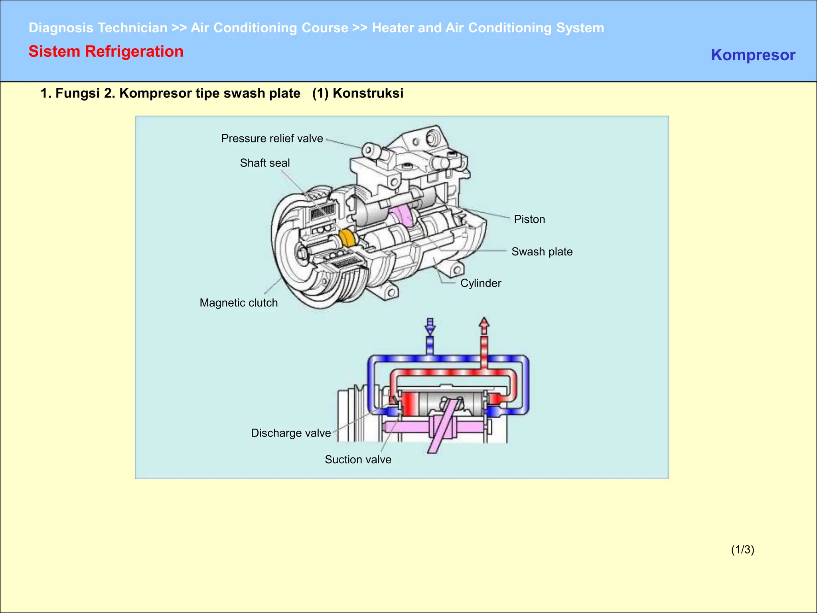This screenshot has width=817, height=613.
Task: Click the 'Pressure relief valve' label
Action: (272, 138)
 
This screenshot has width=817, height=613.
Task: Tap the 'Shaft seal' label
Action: (264, 163)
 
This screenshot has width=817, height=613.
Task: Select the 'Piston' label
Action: (529, 219)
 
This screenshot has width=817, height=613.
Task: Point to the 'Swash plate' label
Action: (542, 251)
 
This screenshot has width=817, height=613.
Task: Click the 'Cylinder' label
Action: (480, 283)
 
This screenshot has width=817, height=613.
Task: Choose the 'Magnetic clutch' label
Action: (239, 303)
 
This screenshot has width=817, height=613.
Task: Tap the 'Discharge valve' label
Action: (291, 433)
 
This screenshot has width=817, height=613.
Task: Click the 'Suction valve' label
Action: (358, 459)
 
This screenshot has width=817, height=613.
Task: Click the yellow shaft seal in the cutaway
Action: (347, 238)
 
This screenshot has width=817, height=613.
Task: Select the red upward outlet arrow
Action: (484, 326)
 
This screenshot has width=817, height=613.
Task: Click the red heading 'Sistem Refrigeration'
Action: (106, 51)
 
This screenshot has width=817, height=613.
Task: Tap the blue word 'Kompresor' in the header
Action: (753, 55)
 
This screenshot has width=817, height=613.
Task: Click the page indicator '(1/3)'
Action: (742, 550)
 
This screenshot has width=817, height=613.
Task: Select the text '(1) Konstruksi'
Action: (357, 93)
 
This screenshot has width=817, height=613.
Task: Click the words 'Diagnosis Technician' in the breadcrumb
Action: (98, 28)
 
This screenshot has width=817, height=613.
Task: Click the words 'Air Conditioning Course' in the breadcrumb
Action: (269, 28)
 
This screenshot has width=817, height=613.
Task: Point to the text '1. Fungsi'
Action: (70, 93)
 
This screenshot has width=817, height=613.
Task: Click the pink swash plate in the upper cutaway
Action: (401, 216)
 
